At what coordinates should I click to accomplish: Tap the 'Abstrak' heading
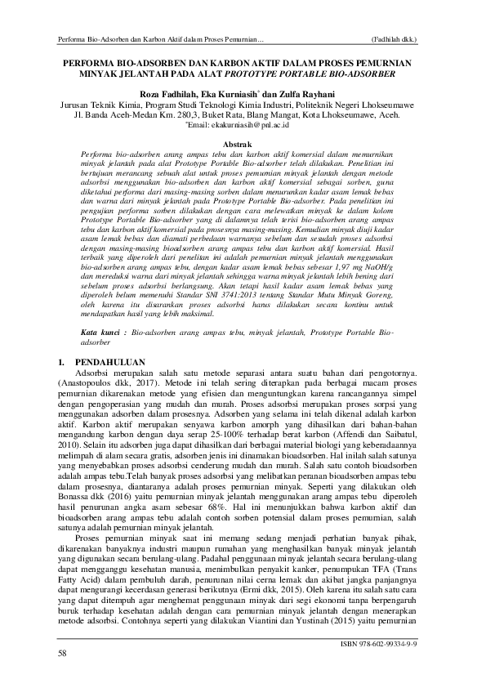(x=242, y=143)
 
